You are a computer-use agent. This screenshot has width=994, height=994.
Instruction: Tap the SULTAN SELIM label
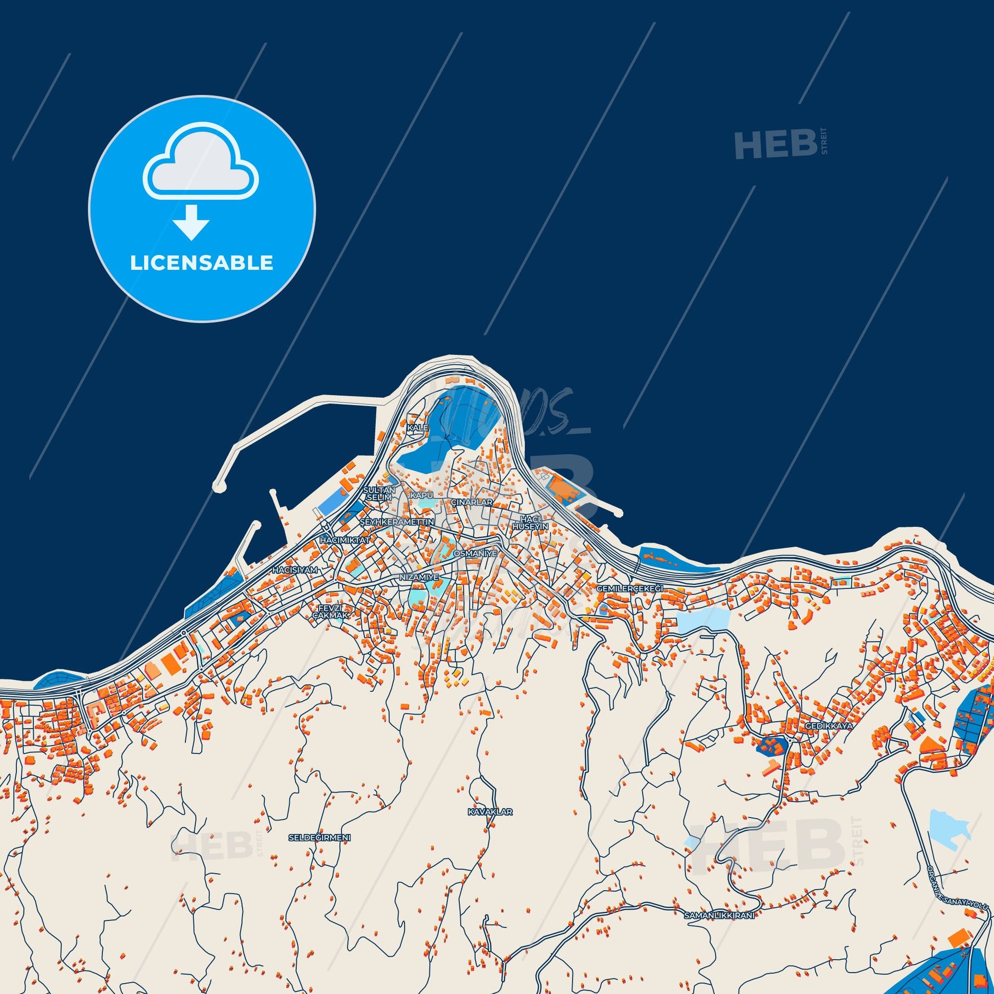tap(380, 494)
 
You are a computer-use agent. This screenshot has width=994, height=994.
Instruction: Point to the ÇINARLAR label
tap(472, 502)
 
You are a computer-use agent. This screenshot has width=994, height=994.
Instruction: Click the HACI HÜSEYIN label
tap(530, 523)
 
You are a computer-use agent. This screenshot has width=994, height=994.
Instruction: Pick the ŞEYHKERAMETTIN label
tap(397, 522)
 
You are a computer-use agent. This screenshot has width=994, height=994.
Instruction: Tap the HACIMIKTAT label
tap(345, 540)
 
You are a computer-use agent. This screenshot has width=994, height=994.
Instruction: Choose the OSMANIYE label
tap(476, 554)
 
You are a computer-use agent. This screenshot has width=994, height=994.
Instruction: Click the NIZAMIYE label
tap(419, 578)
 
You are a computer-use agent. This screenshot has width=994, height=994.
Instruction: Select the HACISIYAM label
tap(295, 570)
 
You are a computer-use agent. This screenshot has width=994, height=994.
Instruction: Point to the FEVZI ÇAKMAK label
tap(334, 611)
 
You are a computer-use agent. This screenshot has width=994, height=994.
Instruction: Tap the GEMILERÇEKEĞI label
tap(630, 588)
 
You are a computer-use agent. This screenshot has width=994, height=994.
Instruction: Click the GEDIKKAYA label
tap(830, 726)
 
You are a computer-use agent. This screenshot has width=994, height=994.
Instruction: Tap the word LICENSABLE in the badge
tap(202, 263)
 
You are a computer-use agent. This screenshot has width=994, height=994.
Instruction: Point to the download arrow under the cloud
tap(191, 222)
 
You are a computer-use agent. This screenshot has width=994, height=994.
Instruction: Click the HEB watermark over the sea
tap(775, 145)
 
